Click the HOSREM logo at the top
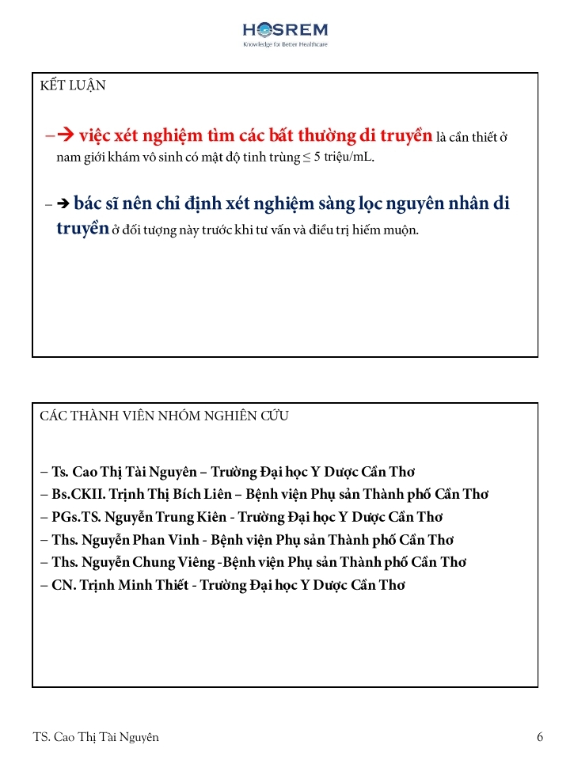pos(285,32)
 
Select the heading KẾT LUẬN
pos(73,85)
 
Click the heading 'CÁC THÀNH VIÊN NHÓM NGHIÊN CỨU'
pos(164,416)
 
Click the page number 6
pos(540,737)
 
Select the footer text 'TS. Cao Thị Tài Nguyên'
pos(96,737)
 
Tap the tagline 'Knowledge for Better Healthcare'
pos(285,45)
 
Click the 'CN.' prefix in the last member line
pos(63,585)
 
